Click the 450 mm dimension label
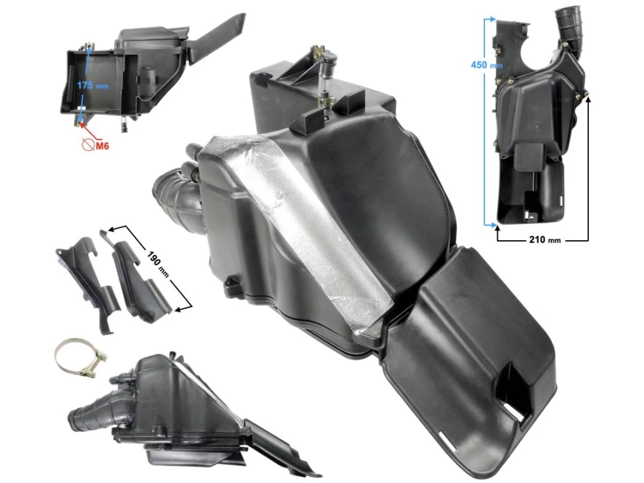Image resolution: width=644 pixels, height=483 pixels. click(486, 65)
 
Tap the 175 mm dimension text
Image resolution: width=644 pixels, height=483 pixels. click(92, 86)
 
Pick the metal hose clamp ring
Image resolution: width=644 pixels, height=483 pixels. click(75, 358)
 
